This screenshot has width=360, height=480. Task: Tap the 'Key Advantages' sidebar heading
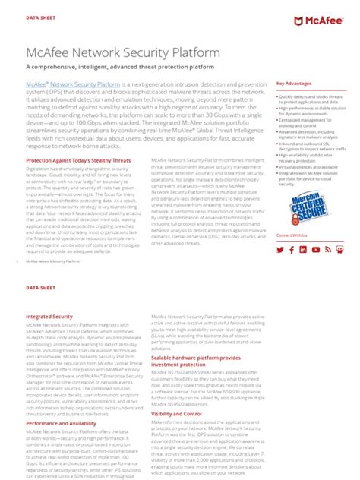294,84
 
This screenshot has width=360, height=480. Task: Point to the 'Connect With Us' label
292,236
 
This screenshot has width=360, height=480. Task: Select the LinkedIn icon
303,249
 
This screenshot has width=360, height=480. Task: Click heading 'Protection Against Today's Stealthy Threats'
78,161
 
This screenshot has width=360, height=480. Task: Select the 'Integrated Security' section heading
49,316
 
